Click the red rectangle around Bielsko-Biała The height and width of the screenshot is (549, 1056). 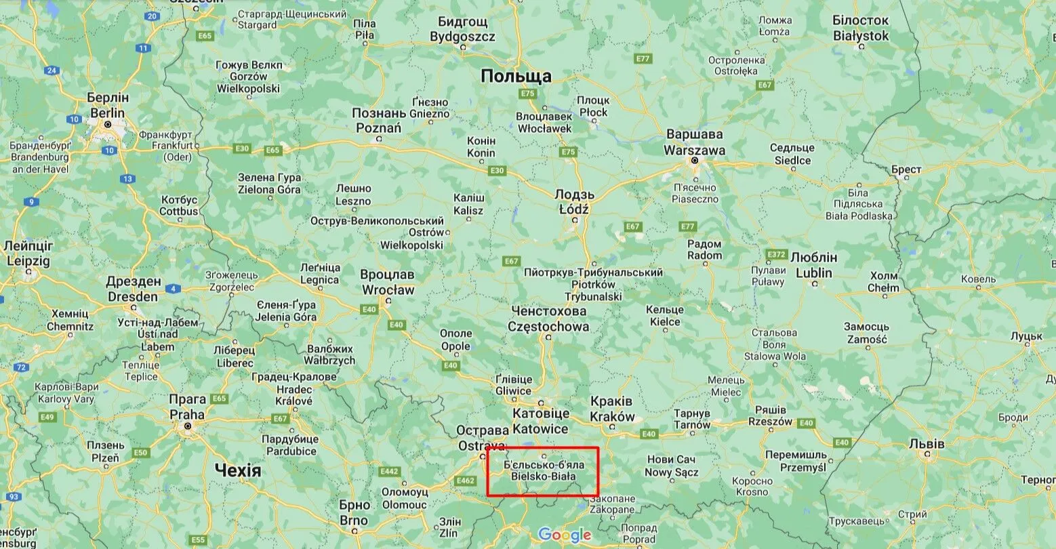pos(542,472)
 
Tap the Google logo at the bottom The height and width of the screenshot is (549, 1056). pos(565,535)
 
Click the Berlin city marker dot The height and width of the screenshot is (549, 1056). pos(108,125)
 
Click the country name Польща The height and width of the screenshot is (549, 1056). pos(516,77)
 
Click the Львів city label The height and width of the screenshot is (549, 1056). pos(926,444)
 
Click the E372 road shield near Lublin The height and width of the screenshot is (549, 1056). pos(777,255)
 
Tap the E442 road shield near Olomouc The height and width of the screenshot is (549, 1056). pos(390,471)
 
